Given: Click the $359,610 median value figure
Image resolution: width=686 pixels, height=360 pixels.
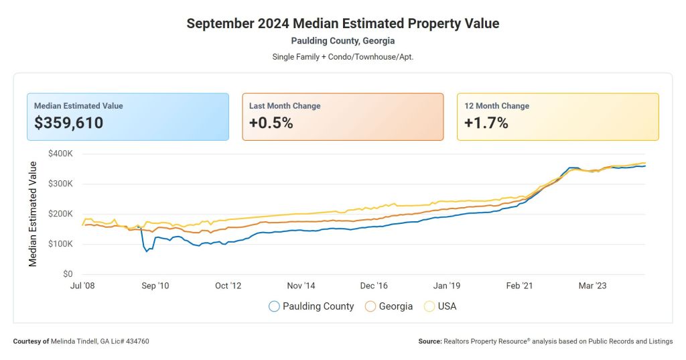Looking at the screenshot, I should [x=68, y=123].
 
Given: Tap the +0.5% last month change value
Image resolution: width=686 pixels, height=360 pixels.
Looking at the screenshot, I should [x=271, y=123].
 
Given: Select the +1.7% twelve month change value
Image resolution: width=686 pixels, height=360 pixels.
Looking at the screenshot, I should [x=486, y=123].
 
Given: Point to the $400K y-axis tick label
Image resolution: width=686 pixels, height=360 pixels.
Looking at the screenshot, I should [x=60, y=154].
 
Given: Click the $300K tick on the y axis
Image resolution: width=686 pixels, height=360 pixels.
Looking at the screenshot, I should [x=60, y=184].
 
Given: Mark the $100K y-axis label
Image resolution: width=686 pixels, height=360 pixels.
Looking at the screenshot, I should [x=60, y=244].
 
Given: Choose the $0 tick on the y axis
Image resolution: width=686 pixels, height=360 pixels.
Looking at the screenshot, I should [x=68, y=274].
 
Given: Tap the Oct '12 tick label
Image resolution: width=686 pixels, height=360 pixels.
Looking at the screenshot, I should [x=227, y=286].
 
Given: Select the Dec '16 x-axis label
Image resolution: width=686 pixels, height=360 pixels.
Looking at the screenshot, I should [x=373, y=286].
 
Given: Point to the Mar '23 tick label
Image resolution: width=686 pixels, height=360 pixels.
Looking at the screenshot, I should [x=592, y=286].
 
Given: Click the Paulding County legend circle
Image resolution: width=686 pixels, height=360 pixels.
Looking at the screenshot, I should [x=274, y=306].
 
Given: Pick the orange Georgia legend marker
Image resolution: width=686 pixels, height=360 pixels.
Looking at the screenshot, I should [x=370, y=306].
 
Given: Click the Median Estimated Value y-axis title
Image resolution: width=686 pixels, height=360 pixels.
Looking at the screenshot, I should [x=33, y=213].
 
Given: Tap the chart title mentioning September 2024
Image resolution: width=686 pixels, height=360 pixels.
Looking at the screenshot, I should [x=342, y=23].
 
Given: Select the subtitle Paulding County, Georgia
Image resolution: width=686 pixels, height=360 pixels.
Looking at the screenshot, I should [x=342, y=41].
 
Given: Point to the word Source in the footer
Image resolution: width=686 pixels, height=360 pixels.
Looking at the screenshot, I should [x=429, y=341].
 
